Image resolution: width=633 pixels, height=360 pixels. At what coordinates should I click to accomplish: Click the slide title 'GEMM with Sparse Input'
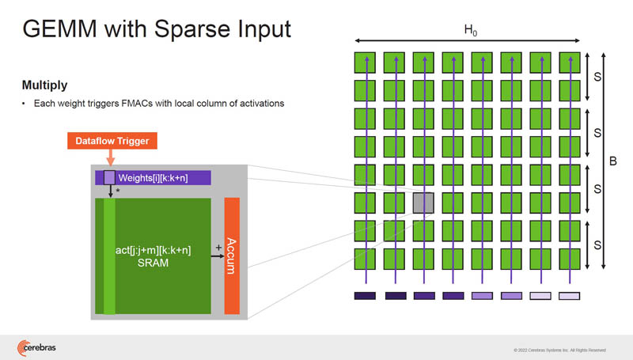pyautogui.click(x=156, y=30)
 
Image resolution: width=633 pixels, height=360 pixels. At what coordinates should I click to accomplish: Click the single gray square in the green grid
pyautogui.click(x=423, y=202)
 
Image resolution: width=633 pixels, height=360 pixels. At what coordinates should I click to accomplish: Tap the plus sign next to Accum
pyautogui.click(x=218, y=247)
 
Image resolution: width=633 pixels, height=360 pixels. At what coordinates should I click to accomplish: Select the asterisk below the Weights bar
pyautogui.click(x=118, y=191)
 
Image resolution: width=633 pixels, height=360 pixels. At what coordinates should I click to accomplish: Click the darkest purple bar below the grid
pyautogui.click(x=365, y=296)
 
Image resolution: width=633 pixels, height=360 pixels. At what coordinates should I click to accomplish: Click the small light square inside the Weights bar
pyautogui.click(x=110, y=177)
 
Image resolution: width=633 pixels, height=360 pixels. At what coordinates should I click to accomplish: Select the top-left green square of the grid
pyautogui.click(x=365, y=63)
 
